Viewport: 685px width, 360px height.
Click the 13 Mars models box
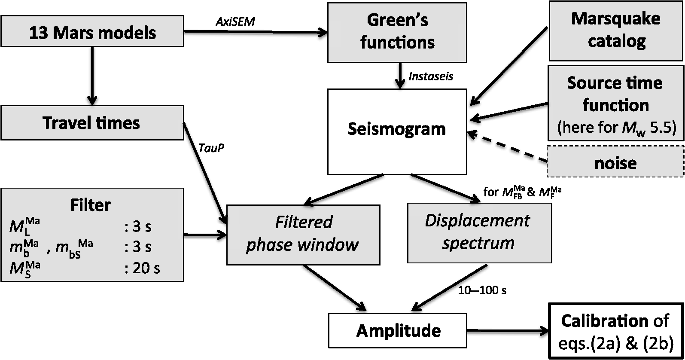tap(92, 32)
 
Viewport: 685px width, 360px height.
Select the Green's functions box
tap(397, 32)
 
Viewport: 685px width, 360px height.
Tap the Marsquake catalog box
tap(616, 30)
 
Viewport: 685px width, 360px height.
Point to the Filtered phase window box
tap(303, 234)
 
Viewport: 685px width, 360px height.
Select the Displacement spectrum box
tap(478, 232)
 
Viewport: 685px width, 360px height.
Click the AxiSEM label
tap(235, 22)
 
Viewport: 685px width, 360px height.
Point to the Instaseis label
tap(431, 76)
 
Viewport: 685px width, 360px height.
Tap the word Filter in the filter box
tap(91, 205)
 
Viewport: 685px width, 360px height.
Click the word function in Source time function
tap(615, 105)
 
